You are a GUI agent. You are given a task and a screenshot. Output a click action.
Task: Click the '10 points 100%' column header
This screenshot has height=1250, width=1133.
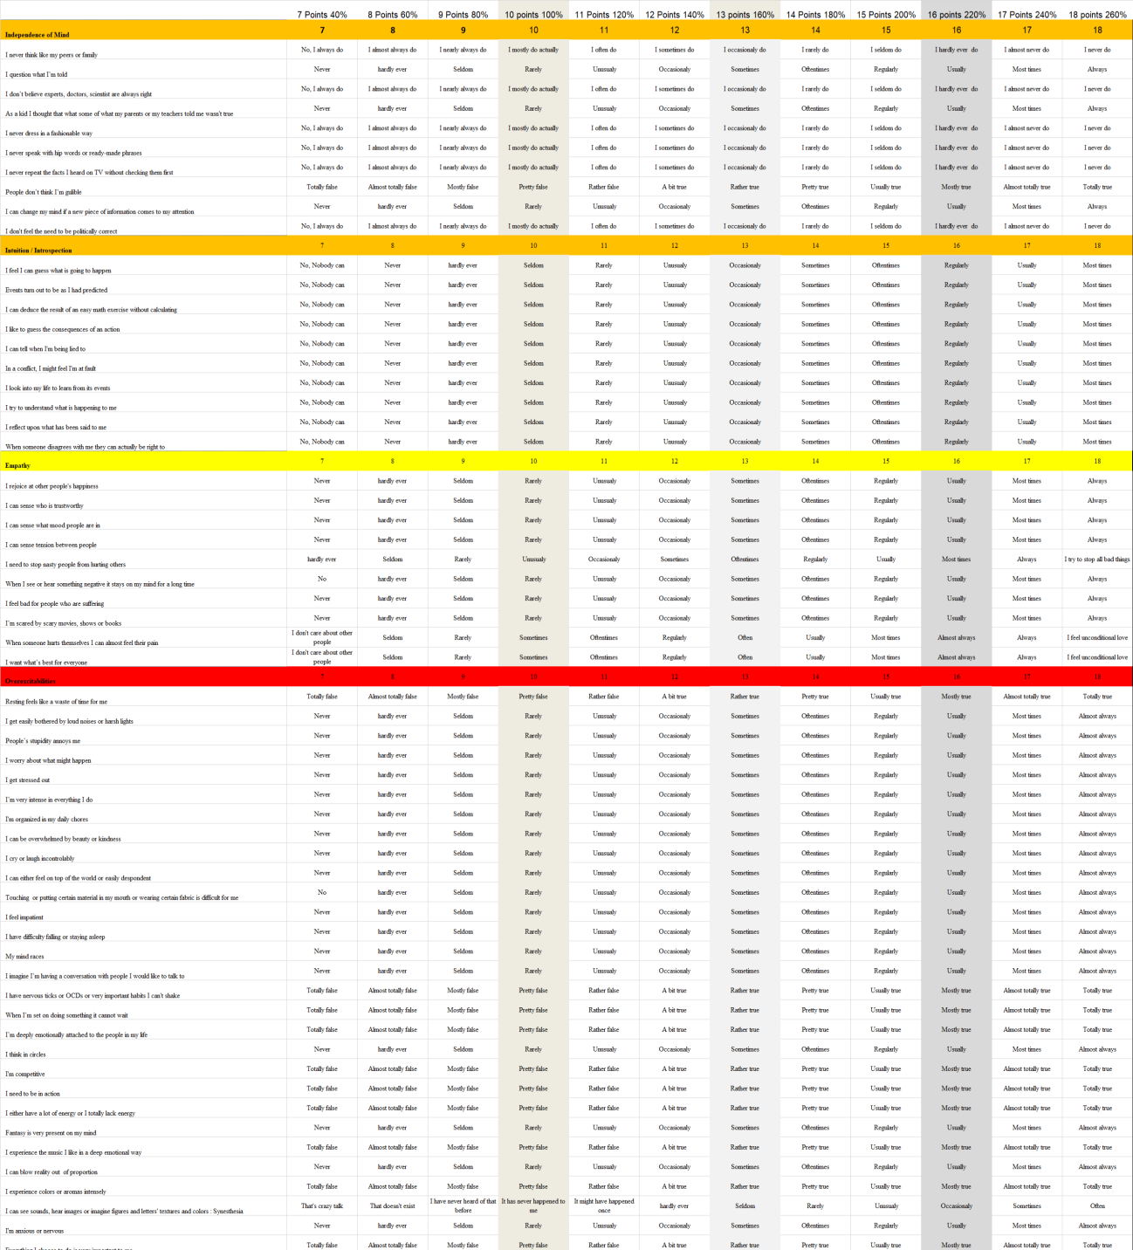[x=533, y=15]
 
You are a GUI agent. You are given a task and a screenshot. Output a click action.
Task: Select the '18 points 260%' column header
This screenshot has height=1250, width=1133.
[x=1097, y=15]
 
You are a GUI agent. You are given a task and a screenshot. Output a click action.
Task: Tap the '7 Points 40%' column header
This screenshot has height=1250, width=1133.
[x=322, y=15]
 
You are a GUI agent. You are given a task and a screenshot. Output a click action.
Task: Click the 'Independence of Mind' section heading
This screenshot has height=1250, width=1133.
[x=38, y=35]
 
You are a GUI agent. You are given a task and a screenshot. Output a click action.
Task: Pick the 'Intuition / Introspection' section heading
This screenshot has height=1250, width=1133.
[x=38, y=251]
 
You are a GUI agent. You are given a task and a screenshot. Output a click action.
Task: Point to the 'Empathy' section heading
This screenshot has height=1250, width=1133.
[x=17, y=466]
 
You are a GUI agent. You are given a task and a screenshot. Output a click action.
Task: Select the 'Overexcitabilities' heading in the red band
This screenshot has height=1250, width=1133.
[x=31, y=682]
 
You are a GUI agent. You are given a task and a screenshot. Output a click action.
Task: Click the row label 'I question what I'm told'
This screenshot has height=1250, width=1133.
[x=37, y=75]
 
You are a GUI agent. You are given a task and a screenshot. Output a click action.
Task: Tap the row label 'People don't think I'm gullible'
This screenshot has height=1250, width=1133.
[x=44, y=192]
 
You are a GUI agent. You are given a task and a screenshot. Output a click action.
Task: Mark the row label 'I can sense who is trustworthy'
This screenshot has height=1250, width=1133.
[x=45, y=506]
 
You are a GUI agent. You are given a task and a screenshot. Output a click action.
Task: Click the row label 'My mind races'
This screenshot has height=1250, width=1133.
[x=24, y=957]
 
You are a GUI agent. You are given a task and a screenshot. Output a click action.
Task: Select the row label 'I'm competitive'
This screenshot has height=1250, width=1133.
[x=25, y=1075]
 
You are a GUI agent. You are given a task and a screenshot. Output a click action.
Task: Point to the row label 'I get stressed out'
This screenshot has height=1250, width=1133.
[x=28, y=780]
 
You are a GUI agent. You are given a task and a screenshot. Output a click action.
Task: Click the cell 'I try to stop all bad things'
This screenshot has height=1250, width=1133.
[x=1097, y=560]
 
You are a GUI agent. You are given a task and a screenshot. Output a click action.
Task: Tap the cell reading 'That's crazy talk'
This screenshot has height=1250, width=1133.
[x=322, y=1206]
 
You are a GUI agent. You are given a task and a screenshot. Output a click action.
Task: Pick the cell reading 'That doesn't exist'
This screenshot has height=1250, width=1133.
[x=393, y=1206]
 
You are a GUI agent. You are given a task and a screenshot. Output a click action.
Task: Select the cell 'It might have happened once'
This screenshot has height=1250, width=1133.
[x=604, y=1205]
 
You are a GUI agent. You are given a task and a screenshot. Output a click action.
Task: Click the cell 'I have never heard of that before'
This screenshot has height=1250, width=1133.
[x=463, y=1205]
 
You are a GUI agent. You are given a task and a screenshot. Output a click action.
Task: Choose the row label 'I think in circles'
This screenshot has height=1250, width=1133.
[x=25, y=1054]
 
